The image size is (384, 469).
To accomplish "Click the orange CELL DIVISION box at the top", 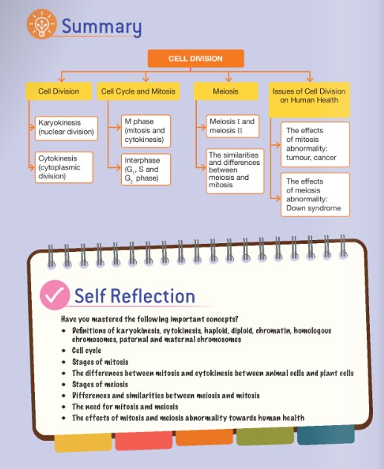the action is [196, 58].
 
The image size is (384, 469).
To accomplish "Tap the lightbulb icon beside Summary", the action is [42, 24].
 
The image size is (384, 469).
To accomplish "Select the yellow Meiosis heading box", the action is [226, 91].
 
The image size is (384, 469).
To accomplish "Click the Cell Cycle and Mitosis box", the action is [138, 91].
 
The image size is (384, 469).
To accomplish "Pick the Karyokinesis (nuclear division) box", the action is [66, 129].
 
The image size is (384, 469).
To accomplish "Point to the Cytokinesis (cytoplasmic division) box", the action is [64, 167].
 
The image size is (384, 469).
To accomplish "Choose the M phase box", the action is [146, 131].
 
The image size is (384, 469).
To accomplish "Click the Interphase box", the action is [146, 169].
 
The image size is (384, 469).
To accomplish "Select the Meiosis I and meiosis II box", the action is [232, 126].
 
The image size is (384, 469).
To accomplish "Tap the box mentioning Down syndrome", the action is [315, 195].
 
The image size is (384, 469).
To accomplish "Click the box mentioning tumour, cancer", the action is [315, 144].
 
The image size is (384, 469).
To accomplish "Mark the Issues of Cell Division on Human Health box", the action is [309, 100].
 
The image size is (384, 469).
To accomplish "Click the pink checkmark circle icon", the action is [55, 295].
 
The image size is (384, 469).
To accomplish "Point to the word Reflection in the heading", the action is [153, 296].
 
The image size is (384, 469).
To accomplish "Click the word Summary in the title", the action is [102, 26].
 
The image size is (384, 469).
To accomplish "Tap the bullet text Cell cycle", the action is [87, 350].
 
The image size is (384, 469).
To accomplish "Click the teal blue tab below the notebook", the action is [326, 435].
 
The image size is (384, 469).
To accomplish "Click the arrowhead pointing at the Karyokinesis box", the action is [32, 127].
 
